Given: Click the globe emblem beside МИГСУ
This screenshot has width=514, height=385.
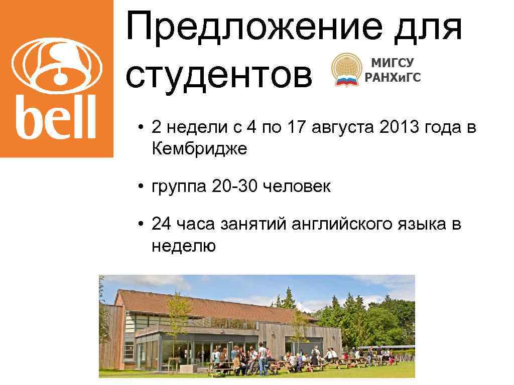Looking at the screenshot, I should tap(346, 71).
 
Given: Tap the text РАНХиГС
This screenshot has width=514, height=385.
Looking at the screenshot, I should tap(393, 77).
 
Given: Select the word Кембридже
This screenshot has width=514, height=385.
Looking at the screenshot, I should tap(199, 149).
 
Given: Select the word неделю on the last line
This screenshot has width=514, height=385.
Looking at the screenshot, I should tap(183, 246).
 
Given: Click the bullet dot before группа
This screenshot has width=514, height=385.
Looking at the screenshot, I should tap(142, 187).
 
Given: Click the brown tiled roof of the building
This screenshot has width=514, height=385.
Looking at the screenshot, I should tap(201, 303).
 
